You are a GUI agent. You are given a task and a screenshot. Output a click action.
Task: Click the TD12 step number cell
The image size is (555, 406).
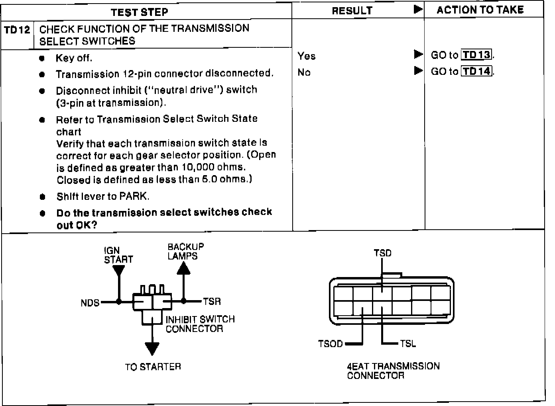[x=17, y=30]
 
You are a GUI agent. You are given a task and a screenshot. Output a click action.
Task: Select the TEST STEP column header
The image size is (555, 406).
[x=140, y=12]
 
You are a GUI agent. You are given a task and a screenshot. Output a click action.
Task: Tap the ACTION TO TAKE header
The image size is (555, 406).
[x=480, y=10]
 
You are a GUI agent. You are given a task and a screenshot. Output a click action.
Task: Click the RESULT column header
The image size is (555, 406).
[x=352, y=11]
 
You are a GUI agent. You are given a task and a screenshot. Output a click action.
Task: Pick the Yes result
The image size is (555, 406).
[x=306, y=56]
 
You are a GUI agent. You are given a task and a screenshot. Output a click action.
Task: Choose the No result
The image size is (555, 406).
[x=304, y=72]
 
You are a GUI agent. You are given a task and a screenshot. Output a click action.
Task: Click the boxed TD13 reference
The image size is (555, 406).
[x=477, y=55]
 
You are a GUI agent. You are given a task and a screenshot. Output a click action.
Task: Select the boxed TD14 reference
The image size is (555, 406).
[x=477, y=72]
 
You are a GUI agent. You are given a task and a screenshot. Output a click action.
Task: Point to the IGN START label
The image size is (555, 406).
[x=118, y=255]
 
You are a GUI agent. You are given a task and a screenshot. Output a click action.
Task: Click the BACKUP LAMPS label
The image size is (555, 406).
[x=185, y=251]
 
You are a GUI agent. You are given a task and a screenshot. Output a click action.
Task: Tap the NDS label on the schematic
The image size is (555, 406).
[x=90, y=303]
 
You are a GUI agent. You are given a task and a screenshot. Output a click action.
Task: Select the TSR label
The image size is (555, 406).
[x=212, y=302]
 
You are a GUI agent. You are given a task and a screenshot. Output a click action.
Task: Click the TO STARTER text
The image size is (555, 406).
[x=153, y=367]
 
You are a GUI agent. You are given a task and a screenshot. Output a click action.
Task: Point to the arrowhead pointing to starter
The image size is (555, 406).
[x=152, y=348]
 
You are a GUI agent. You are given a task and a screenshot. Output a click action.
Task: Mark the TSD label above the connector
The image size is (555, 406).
[x=382, y=253]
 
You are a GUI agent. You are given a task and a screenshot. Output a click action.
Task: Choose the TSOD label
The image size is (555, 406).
[x=331, y=344]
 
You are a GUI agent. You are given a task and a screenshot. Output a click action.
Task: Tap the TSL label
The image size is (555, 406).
[x=408, y=344]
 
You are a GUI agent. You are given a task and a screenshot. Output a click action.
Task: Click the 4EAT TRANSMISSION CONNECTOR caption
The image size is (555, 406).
[x=393, y=371]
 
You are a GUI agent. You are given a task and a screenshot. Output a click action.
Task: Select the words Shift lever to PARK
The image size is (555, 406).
[x=103, y=197]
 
